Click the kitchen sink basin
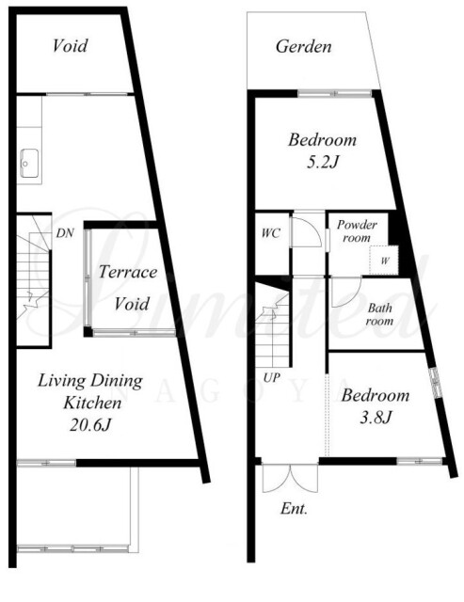click(x=29, y=163)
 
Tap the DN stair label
click(x=65, y=233)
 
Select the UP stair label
click(x=272, y=378)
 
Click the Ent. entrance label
click(x=294, y=509)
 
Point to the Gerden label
click(x=303, y=46)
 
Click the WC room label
click(x=271, y=233)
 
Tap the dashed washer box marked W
click(x=384, y=260)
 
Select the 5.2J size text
click(x=322, y=163)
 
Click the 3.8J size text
click(x=376, y=418)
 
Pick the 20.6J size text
click(x=90, y=425)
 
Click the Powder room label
click(x=357, y=230)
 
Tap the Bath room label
click(x=379, y=314)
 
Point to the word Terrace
click(x=128, y=272)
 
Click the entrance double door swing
click(x=291, y=479)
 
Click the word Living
click(x=61, y=381)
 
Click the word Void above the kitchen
click(x=70, y=45)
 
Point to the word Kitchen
click(x=92, y=403)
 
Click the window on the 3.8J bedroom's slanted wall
click(x=435, y=383)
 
